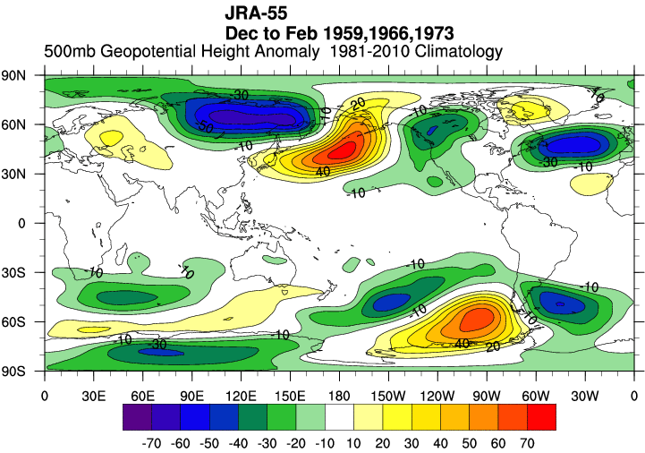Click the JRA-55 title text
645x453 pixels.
[256, 14]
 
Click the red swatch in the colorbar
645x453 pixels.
[541, 416]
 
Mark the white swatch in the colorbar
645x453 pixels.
[339, 416]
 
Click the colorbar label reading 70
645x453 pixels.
[527, 441]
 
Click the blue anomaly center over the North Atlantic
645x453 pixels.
[564, 143]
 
